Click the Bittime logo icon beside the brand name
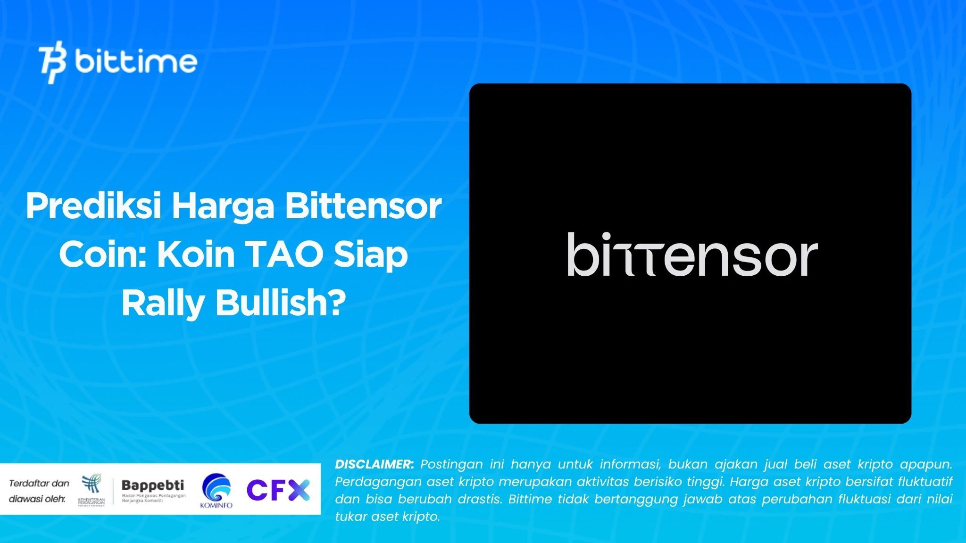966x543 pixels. (52, 64)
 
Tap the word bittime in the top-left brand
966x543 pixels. (135, 62)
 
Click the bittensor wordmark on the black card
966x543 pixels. (691, 255)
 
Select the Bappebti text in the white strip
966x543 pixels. (153, 485)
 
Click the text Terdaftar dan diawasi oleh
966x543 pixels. (39, 491)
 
